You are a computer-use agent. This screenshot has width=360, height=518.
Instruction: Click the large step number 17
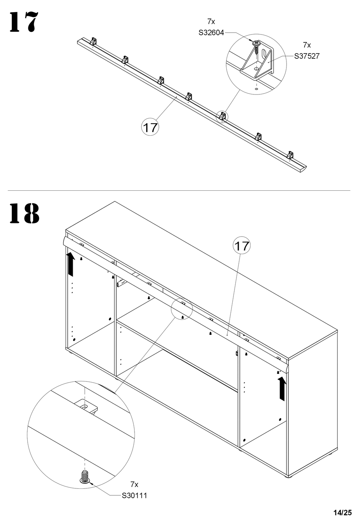pos(23,22)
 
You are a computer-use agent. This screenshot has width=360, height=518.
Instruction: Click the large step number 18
pos(24,213)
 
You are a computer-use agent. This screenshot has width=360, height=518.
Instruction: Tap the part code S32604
pos(211,33)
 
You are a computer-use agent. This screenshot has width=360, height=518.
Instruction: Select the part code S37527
pos(307,56)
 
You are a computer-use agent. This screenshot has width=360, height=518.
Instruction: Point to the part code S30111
pos(134,496)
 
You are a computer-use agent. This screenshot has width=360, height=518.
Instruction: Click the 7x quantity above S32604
pos(211,22)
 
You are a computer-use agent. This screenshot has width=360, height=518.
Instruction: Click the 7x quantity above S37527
pos(307,45)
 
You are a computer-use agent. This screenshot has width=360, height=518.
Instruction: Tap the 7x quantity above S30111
pos(134,484)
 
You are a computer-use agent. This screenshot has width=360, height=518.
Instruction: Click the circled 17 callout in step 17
pos(150,127)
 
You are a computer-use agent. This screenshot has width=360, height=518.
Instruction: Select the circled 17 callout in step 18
pos(242,245)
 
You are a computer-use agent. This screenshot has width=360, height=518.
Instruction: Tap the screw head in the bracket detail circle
pos(256,43)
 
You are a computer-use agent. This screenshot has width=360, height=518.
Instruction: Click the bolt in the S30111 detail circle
pos(85,476)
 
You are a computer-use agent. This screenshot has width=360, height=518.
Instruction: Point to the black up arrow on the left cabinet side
pos(71,264)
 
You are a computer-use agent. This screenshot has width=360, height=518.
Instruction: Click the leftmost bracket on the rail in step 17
pos(93,41)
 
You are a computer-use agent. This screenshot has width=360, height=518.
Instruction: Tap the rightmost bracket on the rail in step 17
pos(290,155)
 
